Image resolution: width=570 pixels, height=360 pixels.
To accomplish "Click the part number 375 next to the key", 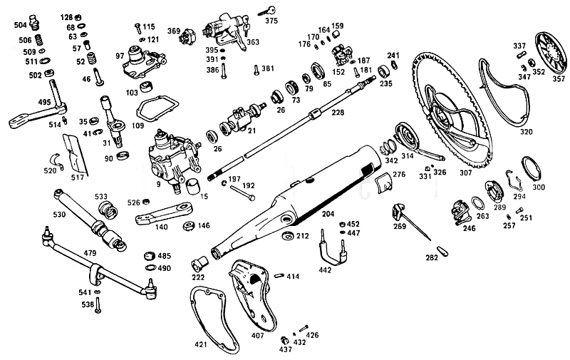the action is click(x=271, y=21).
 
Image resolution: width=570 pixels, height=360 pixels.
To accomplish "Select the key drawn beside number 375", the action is click(x=266, y=11).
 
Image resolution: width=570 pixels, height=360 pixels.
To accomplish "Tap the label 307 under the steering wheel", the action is click(x=465, y=173).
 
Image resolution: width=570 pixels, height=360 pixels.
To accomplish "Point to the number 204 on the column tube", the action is click(x=328, y=214).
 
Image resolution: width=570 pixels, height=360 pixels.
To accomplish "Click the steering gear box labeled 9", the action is click(x=173, y=159).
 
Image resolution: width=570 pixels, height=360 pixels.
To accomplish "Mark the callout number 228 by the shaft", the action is click(x=338, y=113).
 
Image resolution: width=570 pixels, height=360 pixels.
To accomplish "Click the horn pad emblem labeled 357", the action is click(x=551, y=53).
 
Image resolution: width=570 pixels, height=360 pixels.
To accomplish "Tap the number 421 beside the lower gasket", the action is click(x=201, y=344).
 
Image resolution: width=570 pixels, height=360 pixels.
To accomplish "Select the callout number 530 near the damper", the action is click(x=59, y=214).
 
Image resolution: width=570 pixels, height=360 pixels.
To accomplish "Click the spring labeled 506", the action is click(x=38, y=40).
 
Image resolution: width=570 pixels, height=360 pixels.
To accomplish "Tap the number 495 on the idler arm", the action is click(x=44, y=102).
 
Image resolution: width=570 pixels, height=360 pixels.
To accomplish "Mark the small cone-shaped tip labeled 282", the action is click(x=442, y=251).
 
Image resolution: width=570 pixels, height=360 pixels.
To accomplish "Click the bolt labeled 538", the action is click(x=98, y=305).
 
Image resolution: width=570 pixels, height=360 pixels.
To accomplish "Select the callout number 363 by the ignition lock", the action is click(x=253, y=42).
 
